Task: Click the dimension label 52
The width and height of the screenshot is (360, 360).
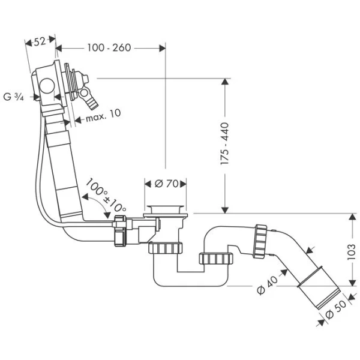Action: [x=40, y=41]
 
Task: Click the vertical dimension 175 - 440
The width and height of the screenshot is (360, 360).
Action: [x=225, y=146]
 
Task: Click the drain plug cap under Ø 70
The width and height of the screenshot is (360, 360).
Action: [x=166, y=209]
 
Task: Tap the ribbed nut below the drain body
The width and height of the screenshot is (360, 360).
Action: [x=166, y=248]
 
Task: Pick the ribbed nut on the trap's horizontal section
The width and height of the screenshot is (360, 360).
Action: [x=215, y=259]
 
